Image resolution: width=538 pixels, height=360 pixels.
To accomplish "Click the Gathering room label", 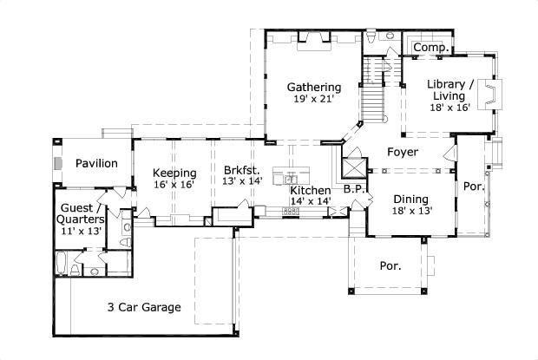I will click(x=313, y=87).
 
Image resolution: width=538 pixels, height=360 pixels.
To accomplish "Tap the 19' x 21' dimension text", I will click(x=313, y=100).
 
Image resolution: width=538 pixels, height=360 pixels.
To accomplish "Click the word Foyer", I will click(x=403, y=152).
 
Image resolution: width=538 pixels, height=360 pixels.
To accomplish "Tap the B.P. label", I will click(x=352, y=188).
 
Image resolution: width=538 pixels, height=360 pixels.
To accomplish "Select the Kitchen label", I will click(x=310, y=190).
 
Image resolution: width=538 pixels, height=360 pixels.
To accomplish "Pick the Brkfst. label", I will click(x=241, y=171).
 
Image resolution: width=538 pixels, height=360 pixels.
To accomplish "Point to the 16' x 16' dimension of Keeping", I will click(x=174, y=184).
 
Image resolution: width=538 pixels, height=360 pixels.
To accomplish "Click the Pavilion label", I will click(x=95, y=163).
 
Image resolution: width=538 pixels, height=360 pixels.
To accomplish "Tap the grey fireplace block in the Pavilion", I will click(x=57, y=162).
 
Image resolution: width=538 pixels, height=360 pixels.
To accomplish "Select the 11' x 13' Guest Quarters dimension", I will click(x=81, y=232).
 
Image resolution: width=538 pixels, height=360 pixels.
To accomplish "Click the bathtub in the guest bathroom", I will click(x=63, y=262).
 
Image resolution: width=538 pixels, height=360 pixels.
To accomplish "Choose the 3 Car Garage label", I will click(x=143, y=307).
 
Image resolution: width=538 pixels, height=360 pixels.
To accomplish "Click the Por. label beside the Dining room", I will click(x=473, y=186).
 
